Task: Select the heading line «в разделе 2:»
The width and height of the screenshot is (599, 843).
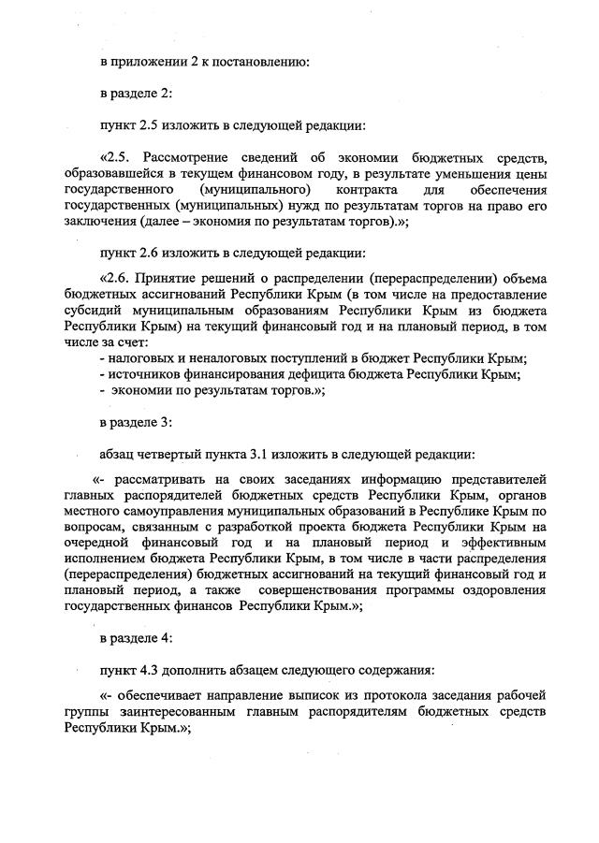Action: (137, 94)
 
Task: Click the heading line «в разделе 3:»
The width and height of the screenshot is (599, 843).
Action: (137, 423)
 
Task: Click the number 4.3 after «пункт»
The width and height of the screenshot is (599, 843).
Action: (151, 671)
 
